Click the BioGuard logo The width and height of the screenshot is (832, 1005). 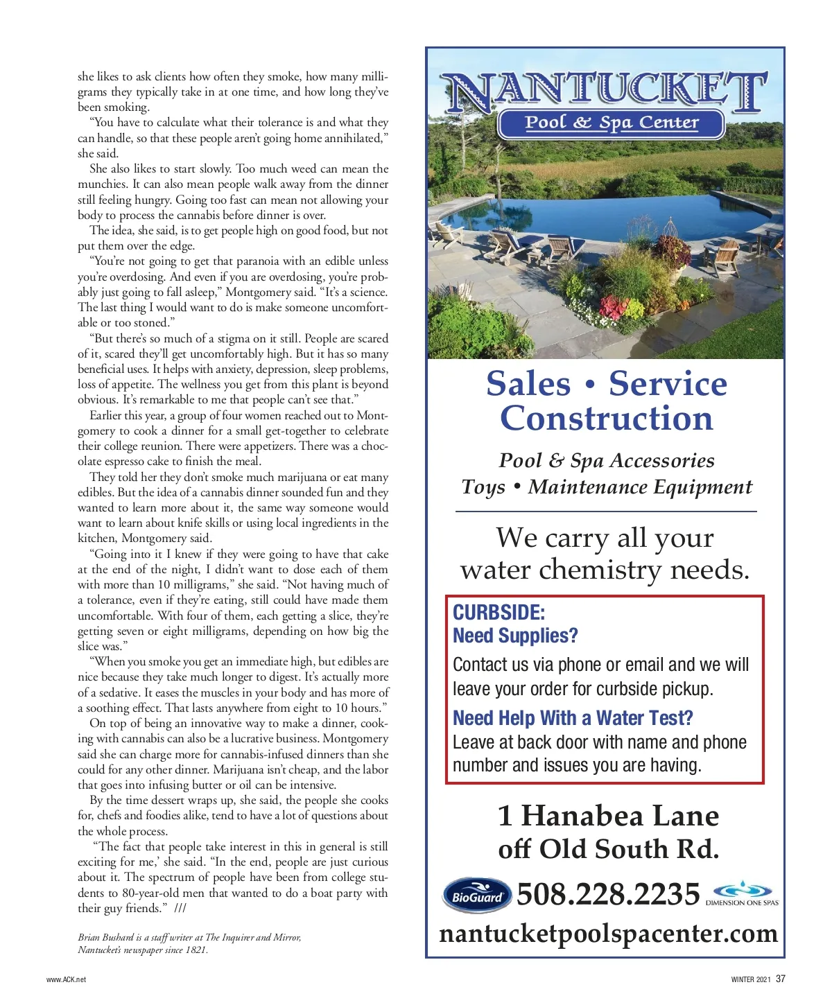click(477, 895)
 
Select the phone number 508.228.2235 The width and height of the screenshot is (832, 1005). click(608, 894)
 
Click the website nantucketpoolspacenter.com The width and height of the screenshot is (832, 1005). click(608, 934)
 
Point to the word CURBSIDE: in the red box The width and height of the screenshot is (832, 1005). click(499, 612)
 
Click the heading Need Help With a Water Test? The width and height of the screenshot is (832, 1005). click(573, 718)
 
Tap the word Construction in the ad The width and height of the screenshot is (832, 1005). click(607, 419)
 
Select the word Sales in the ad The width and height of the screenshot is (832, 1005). click(528, 384)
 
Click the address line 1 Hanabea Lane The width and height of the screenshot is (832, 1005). click(608, 816)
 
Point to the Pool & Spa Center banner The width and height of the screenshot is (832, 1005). click(611, 123)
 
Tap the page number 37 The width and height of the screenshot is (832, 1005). click(781, 979)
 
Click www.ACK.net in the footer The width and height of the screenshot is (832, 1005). click(66, 979)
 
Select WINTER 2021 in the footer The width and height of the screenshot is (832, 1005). click(751, 979)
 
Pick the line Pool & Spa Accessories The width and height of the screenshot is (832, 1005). click(607, 461)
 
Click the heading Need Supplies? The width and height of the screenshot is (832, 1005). click(515, 636)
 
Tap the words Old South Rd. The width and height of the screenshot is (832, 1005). click(628, 849)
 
